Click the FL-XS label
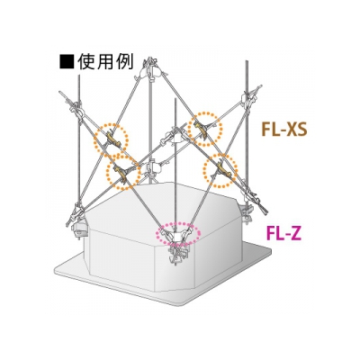click(x=283, y=130)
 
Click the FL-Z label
click(x=283, y=234)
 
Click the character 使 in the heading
click(x=86, y=61)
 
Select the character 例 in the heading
click(x=123, y=61)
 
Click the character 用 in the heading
click(x=105, y=61)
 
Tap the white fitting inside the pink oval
click(x=177, y=238)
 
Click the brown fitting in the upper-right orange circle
click(x=202, y=129)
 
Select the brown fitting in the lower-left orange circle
click(x=121, y=172)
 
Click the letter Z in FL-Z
click(x=295, y=234)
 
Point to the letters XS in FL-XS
click(x=296, y=130)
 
